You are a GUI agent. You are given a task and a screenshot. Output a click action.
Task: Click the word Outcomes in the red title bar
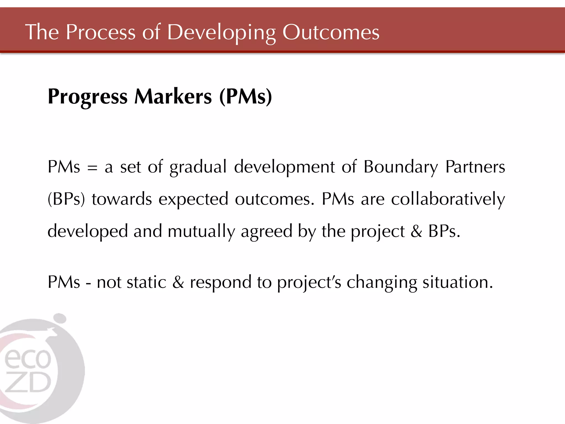[331, 32]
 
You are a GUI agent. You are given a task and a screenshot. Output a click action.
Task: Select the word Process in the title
[100, 32]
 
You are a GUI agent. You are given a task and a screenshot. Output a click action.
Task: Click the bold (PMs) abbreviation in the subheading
[246, 97]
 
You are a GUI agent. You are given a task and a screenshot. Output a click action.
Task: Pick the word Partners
[475, 167]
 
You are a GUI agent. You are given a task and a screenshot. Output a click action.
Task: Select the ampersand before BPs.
[416, 231]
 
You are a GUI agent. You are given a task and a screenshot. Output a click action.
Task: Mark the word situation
[457, 282]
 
